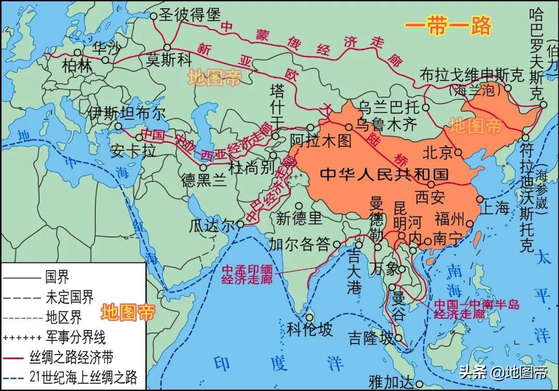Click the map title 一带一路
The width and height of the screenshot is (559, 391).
point(447,26)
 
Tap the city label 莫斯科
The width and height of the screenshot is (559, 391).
point(169,59)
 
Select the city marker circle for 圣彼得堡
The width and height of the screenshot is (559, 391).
point(153,16)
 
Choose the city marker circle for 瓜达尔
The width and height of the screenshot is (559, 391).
point(241,225)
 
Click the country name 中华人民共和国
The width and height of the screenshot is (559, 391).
point(384,174)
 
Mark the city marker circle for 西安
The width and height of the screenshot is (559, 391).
point(431,184)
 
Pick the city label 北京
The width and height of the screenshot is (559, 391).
point(437,152)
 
